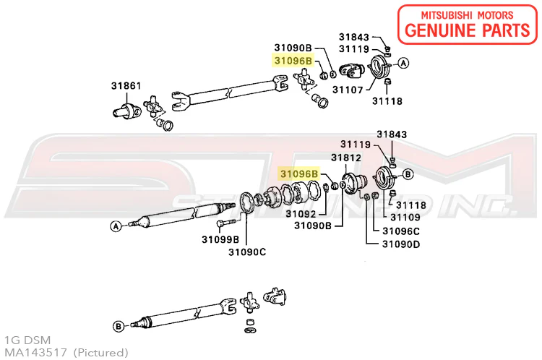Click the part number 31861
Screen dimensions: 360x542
pyautogui.click(x=126, y=85)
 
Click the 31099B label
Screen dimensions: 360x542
pyautogui.click(x=220, y=239)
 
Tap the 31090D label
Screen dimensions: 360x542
pyautogui.click(x=401, y=244)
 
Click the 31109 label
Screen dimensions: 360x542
pyautogui.click(x=405, y=217)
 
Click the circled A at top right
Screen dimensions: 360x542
pyautogui.click(x=404, y=64)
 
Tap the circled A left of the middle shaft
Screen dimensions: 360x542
pyautogui.click(x=114, y=226)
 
